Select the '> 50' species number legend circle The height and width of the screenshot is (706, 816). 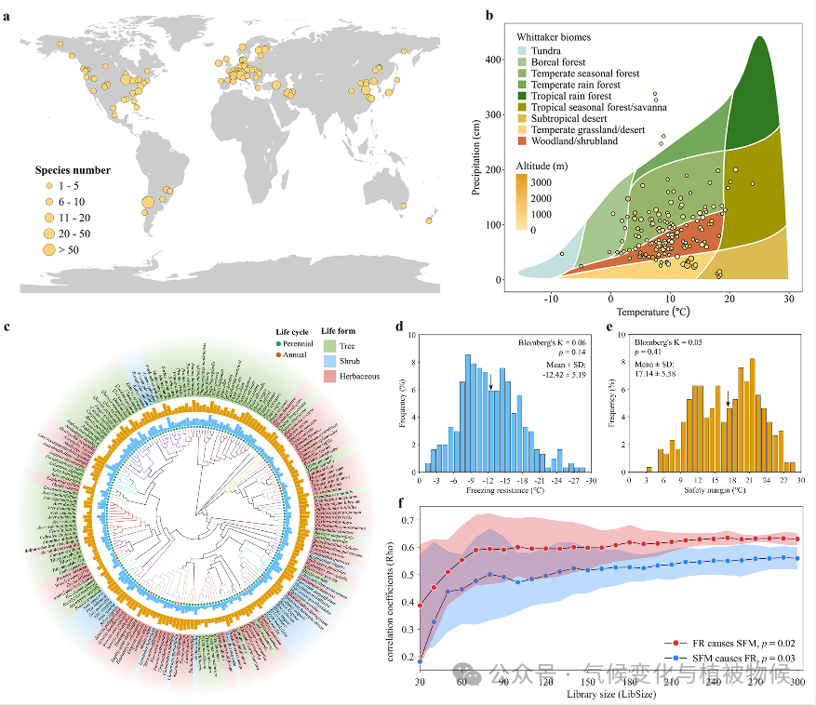[48, 249]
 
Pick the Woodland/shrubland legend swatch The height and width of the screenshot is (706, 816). [524, 141]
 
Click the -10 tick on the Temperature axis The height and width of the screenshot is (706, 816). [551, 297]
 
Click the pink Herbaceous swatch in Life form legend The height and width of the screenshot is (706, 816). [328, 374]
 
